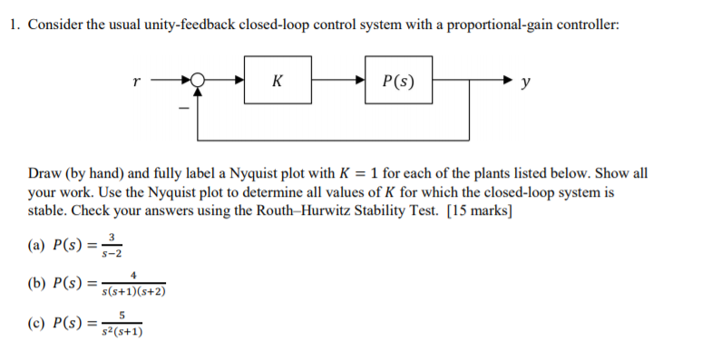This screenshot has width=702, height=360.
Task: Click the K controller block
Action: (278, 81)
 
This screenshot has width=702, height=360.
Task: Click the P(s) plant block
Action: (399, 81)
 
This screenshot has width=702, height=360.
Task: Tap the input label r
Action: (135, 81)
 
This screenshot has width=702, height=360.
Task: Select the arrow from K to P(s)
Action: (338, 81)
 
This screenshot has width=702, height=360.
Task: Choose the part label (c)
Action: (39, 323)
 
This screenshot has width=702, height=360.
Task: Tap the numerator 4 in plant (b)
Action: (133, 275)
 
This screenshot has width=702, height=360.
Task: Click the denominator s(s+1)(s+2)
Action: (133, 292)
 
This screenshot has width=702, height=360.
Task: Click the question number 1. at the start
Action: (15, 24)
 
